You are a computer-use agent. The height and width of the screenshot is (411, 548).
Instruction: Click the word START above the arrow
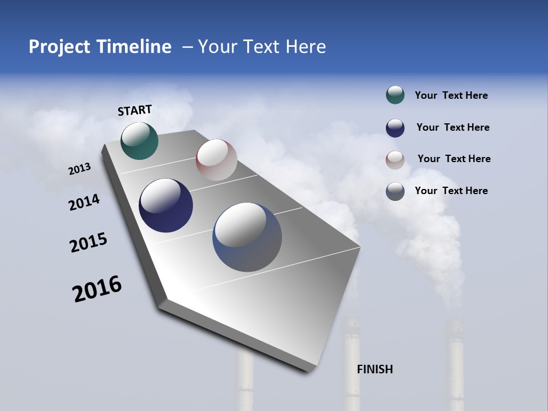point(135,110)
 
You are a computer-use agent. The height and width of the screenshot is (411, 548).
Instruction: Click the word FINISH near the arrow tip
point(374,369)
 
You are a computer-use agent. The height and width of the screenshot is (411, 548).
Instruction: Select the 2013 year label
point(80,169)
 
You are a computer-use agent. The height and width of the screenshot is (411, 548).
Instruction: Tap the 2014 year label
point(84,202)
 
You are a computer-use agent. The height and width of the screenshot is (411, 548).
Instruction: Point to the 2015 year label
point(88,243)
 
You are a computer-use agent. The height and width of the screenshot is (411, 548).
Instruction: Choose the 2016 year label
point(97,289)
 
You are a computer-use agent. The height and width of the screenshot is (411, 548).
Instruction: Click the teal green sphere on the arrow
point(139,140)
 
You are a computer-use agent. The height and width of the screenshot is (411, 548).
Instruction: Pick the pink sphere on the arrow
point(216,160)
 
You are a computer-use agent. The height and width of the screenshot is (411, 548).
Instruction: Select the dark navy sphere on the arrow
point(166,205)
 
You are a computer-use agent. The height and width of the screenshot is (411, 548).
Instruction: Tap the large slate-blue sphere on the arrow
point(247,237)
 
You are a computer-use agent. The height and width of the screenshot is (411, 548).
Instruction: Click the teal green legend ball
point(395,95)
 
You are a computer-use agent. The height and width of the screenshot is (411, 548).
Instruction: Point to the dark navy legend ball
point(395,128)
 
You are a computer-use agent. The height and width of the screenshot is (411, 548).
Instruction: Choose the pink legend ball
point(395,160)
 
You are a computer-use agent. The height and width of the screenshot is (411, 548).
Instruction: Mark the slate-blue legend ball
point(395,191)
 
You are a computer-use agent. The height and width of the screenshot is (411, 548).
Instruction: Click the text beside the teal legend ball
point(451,95)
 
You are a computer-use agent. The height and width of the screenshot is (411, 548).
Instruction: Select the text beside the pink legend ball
point(454,159)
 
